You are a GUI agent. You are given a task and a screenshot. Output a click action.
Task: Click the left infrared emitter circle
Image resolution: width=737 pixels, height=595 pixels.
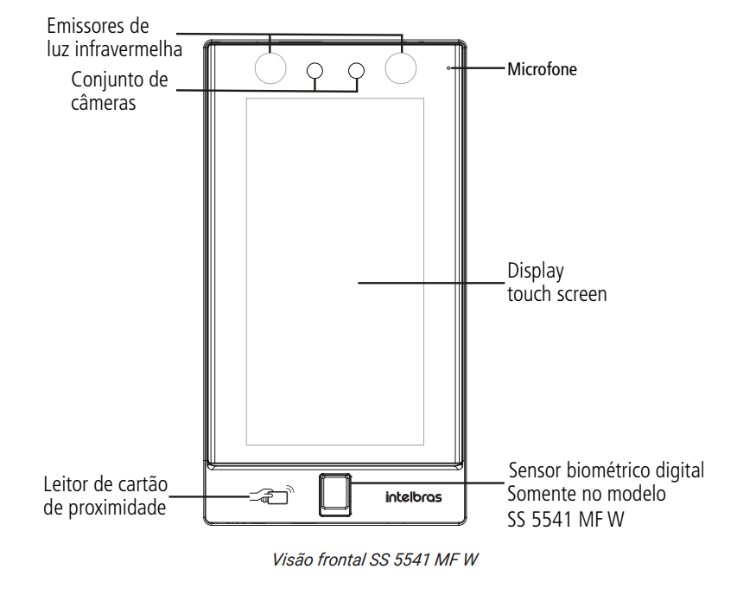(x=270, y=67)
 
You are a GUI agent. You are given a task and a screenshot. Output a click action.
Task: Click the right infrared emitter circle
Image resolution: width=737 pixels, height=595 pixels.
(x=401, y=67)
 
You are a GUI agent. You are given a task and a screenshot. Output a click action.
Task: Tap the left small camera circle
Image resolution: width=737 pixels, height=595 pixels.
(x=315, y=69)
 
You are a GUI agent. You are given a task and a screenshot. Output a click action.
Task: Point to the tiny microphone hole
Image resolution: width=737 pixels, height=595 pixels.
(x=448, y=66)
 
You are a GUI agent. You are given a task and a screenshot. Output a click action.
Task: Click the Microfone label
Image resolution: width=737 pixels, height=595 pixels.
(x=541, y=67)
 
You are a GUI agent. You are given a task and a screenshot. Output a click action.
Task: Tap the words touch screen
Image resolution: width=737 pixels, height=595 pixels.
(x=556, y=294)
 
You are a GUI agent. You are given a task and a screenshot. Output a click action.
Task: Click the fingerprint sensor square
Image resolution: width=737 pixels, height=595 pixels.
(x=334, y=495)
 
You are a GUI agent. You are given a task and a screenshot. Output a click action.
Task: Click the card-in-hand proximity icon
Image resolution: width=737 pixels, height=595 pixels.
(x=270, y=496)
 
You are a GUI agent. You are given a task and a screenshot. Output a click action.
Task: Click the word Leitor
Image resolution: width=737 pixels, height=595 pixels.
(x=65, y=484)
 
